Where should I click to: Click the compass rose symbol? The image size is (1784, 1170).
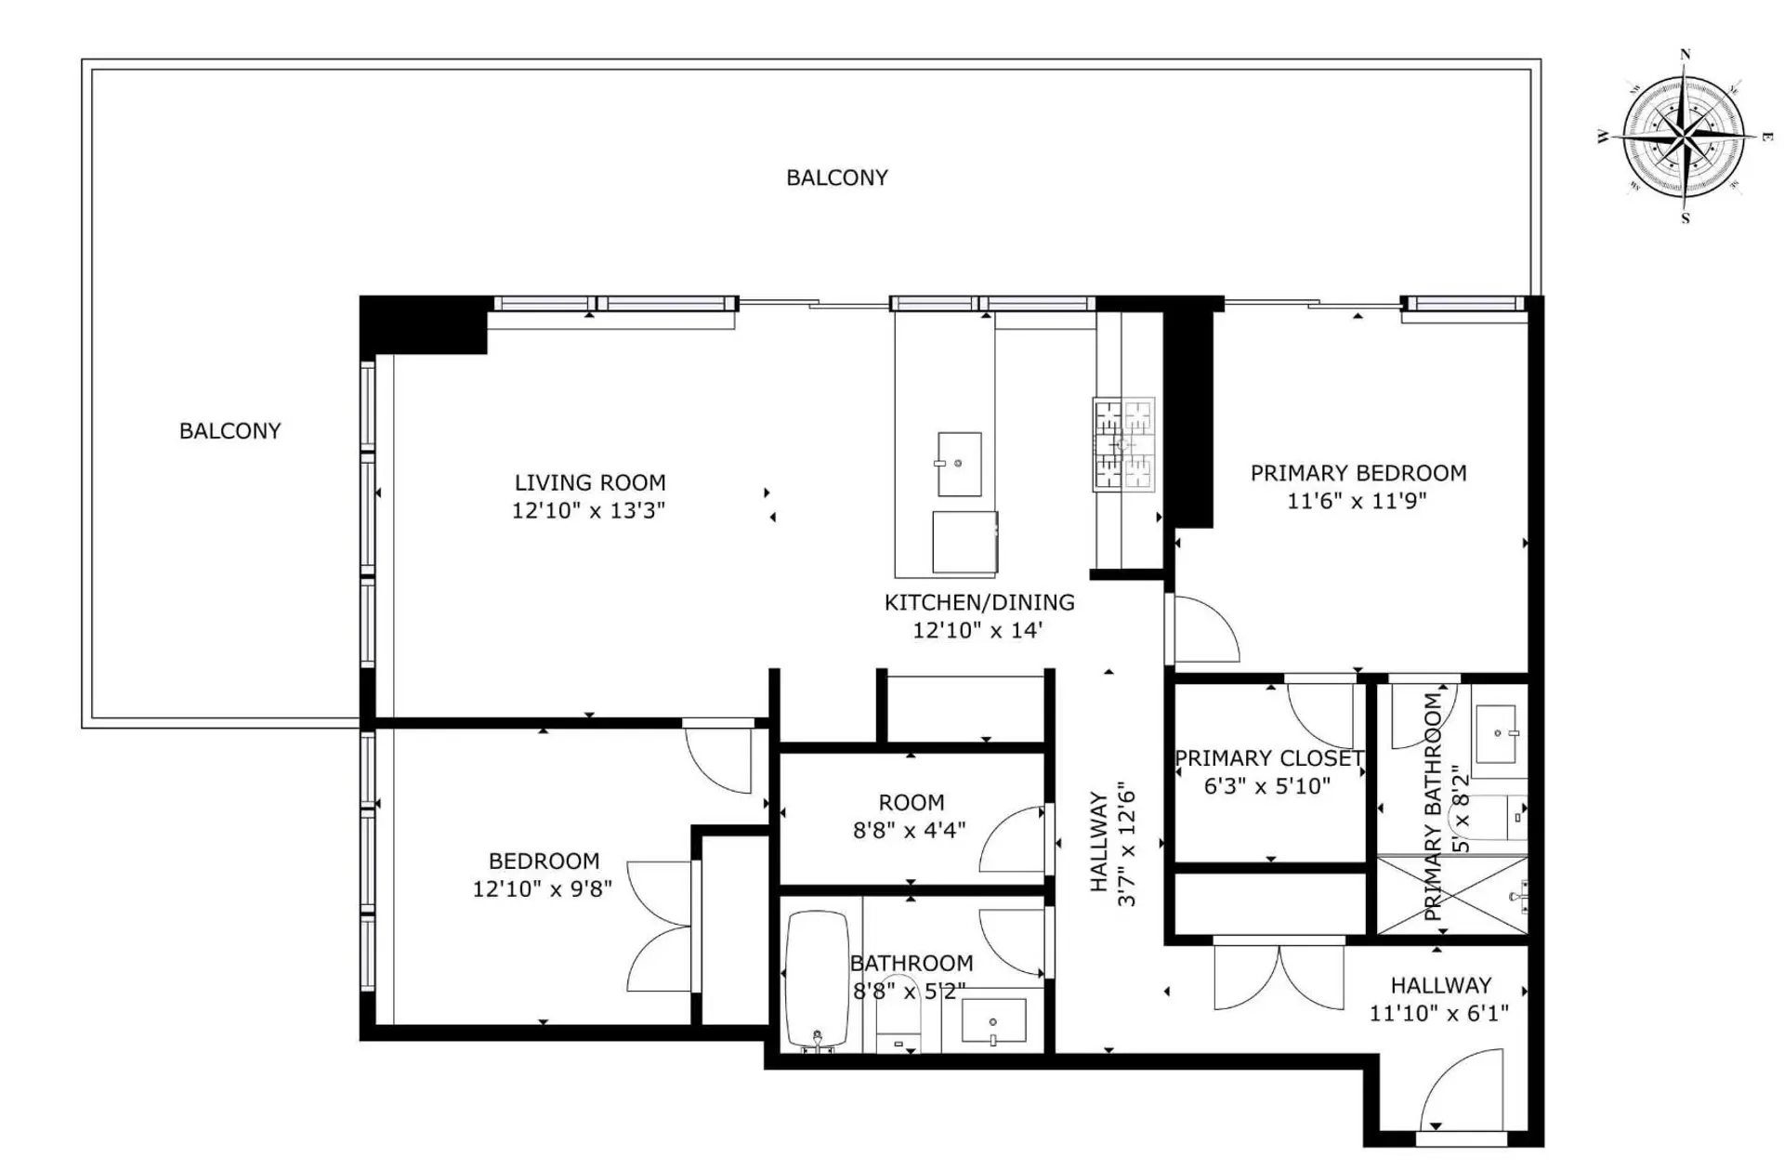(1684, 138)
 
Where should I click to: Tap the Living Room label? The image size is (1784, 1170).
(590, 483)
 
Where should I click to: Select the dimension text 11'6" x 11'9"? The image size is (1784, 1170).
(1357, 501)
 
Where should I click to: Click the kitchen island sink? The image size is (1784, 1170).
(959, 464)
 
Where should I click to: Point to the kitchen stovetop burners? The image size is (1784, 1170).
(1124, 444)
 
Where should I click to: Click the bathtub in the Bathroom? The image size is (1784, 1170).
(817, 980)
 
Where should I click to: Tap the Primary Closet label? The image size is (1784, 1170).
(1268, 758)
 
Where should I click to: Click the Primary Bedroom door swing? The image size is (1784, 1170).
(1205, 630)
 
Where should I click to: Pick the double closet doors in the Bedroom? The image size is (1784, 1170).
(660, 927)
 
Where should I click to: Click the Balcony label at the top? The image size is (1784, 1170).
(836, 177)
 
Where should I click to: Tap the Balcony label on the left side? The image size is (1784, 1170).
(230, 431)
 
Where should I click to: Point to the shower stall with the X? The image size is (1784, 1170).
(1451, 895)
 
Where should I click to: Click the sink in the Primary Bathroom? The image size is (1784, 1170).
(1497, 733)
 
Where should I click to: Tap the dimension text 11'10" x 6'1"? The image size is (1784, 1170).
(1438, 1013)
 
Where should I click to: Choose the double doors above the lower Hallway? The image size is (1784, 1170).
(1279, 978)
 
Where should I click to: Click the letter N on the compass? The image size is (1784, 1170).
(1686, 55)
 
